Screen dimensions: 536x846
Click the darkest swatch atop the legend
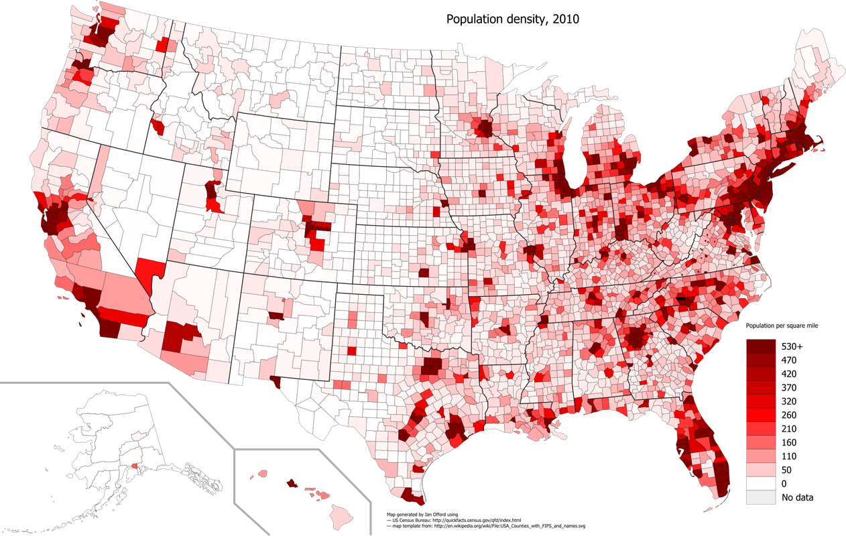coord(761,346)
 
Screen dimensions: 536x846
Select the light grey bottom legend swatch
coord(761,497)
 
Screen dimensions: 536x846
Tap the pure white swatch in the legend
coord(761,482)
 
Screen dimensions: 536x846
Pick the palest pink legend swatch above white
coord(761,468)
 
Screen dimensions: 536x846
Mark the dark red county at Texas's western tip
coord(275,383)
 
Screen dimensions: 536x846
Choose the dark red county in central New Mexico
coord(276,315)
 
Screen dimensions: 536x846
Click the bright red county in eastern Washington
coord(162,45)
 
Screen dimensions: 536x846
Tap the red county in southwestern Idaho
coord(158,127)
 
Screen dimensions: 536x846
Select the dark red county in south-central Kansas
coord(424,273)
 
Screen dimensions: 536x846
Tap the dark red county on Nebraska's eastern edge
coord(444,204)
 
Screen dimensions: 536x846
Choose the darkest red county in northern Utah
coord(212,190)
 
